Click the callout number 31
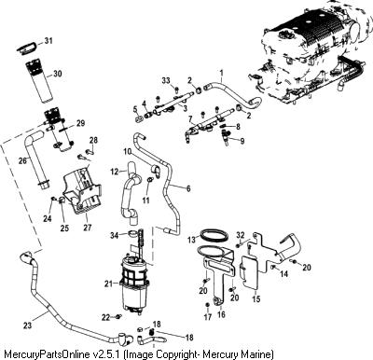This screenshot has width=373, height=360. click(48, 41)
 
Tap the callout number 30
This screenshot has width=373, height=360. click(57, 74)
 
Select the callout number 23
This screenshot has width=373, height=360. click(27, 325)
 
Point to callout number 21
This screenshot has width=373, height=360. click(108, 284)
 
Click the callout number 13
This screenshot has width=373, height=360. click(192, 240)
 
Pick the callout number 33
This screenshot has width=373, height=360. click(166, 81)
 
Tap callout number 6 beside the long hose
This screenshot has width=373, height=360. click(188, 188)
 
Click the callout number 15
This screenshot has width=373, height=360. click(256, 299)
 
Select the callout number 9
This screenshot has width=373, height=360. click(242, 141)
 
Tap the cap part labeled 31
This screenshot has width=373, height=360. click(26, 48)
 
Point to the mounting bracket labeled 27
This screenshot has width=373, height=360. click(81, 190)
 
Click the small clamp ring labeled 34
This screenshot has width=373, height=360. click(131, 233)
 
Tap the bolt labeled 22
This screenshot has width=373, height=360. click(118, 317)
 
